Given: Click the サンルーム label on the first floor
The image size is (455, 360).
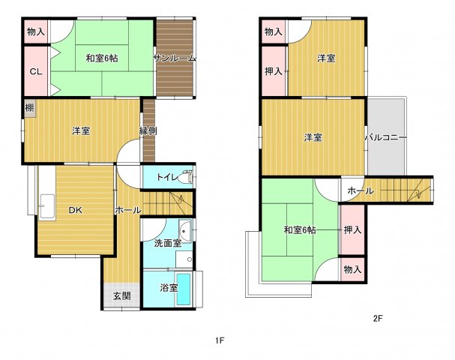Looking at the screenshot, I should (175, 58).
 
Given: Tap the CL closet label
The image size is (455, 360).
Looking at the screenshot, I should (35, 71).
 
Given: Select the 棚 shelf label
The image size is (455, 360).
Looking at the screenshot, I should (28, 108).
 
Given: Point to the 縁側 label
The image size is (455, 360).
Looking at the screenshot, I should (148, 131).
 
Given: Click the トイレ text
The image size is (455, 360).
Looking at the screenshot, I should (166, 178).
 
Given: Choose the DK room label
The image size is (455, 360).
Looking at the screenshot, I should (75, 211).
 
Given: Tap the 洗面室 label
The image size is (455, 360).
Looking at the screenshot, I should (168, 243).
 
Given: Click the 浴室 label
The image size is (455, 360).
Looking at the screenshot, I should (168, 288).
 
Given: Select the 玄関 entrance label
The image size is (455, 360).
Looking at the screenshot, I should (122, 295).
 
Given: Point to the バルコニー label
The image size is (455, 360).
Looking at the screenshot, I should (385, 138).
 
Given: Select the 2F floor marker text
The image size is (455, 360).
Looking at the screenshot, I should (378, 318).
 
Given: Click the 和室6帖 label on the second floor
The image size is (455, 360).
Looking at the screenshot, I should (299, 229).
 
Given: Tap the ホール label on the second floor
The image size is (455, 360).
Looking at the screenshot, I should (361, 191).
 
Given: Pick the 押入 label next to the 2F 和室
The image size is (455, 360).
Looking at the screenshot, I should (352, 229).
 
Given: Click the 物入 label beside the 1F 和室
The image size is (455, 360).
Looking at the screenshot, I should (35, 32).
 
